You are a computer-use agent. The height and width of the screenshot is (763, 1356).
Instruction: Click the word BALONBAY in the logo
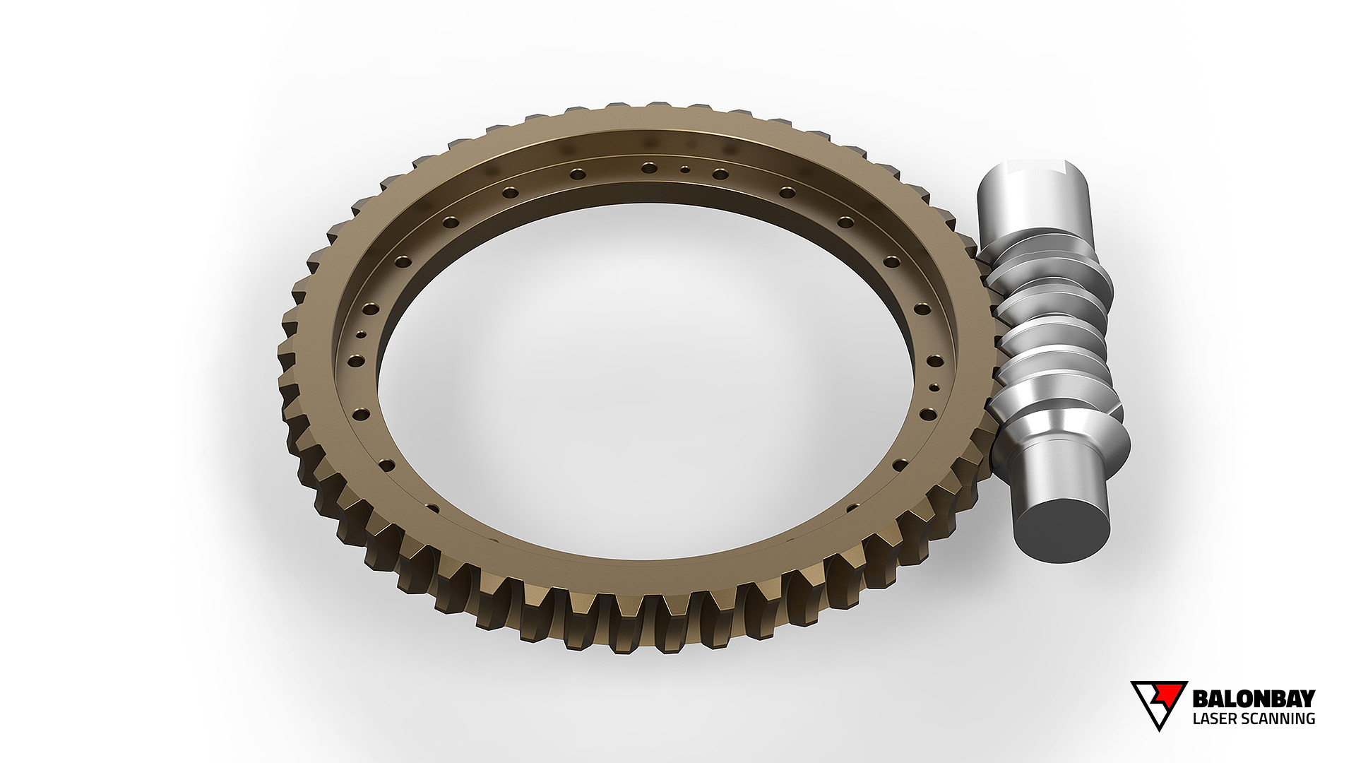point(1253,699)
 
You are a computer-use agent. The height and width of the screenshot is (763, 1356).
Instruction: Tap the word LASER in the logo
point(1213,719)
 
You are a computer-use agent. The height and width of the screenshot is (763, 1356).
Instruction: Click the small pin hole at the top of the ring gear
point(684,170)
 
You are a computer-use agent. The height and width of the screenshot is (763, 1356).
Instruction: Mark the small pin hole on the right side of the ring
point(934,387)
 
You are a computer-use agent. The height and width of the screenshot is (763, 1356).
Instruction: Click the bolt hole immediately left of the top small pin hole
point(649,167)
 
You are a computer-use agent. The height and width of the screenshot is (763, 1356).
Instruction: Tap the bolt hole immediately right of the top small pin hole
point(720,174)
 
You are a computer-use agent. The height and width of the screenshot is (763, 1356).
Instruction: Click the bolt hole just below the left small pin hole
point(356,361)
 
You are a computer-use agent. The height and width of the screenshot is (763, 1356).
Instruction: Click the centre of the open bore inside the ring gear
point(646,381)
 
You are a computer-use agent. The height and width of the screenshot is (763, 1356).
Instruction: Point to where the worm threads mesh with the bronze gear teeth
point(992,339)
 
